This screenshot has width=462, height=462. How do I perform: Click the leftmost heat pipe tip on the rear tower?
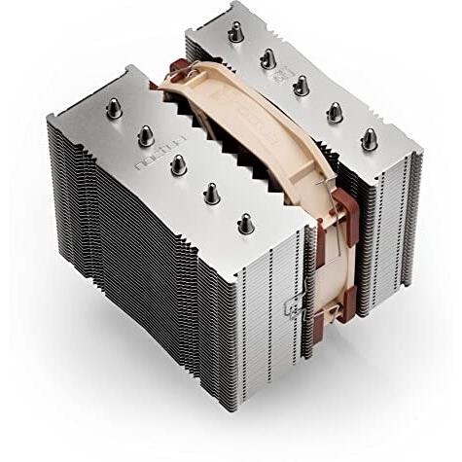point(234,32)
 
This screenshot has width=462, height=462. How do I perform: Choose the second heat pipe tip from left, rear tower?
point(267,58)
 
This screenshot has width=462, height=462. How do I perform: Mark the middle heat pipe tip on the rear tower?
point(302,85)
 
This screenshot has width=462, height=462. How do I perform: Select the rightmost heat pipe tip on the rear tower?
point(370,138)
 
